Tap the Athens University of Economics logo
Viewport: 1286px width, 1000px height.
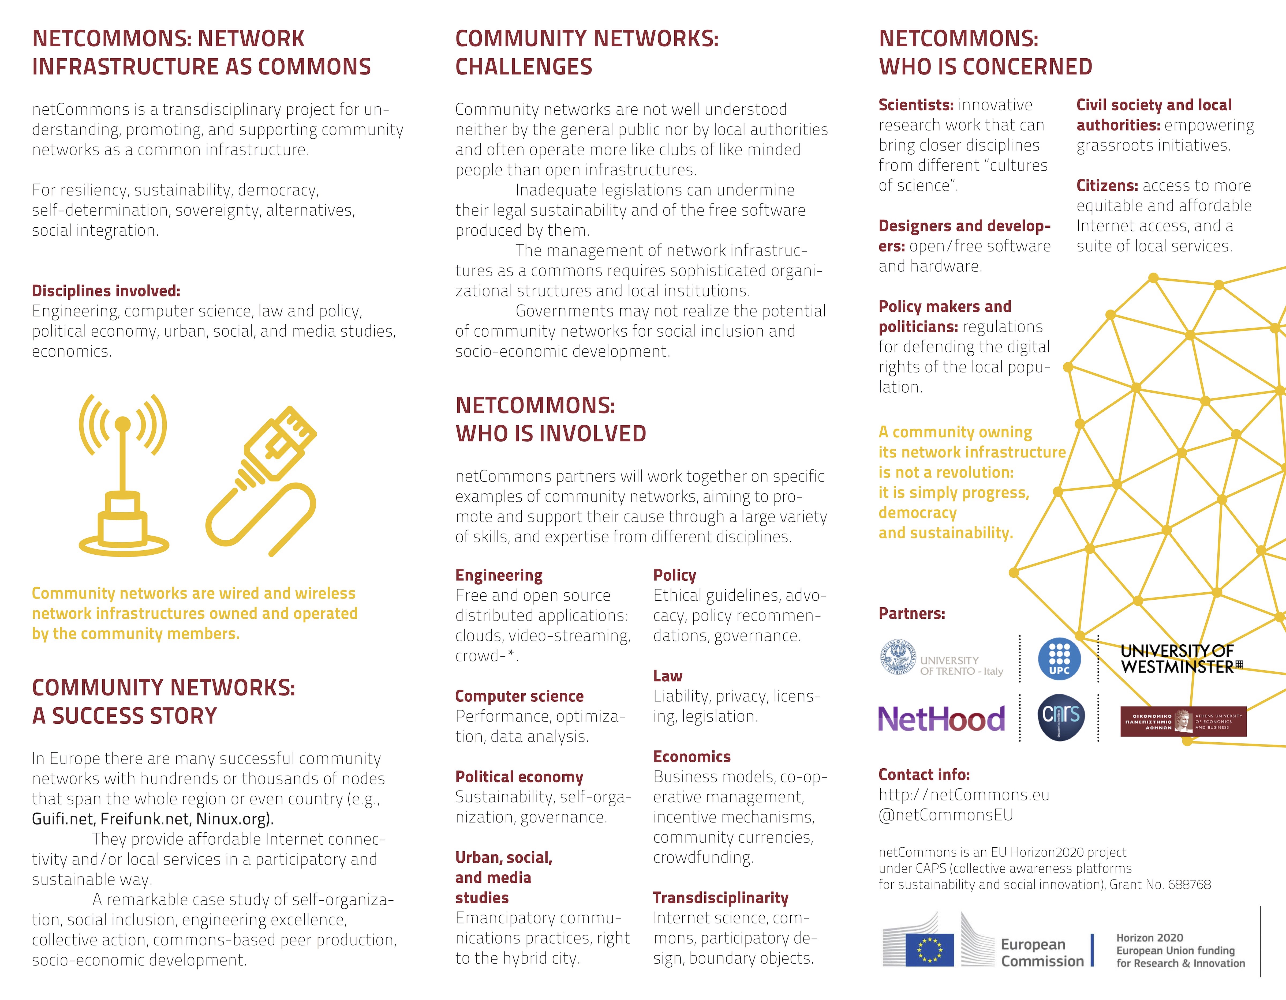point(1183,721)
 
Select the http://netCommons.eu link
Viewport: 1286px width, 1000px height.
point(963,795)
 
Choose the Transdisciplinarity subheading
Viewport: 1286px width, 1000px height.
point(720,898)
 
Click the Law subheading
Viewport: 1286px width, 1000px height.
point(667,676)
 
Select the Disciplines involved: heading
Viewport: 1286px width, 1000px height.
point(106,291)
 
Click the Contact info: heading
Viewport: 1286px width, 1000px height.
point(923,775)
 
